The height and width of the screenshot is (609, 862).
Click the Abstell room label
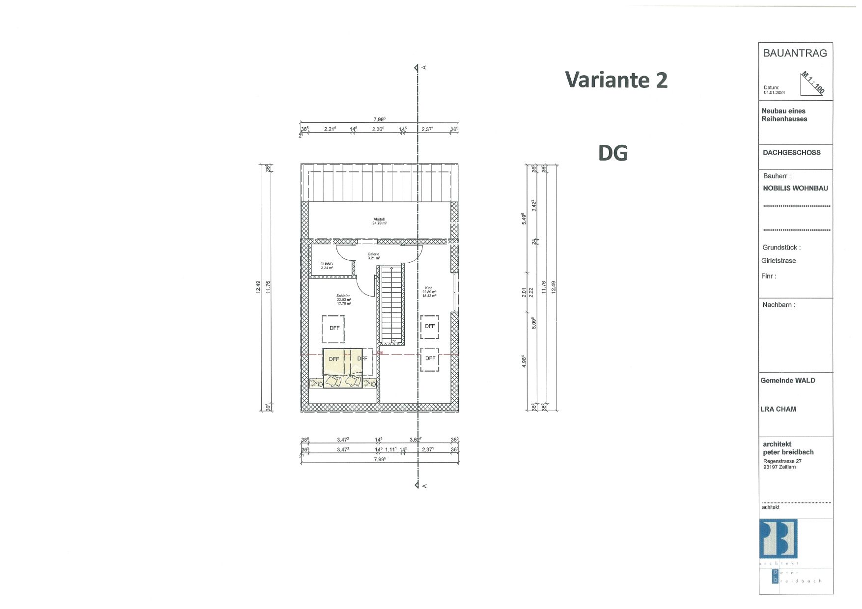click(379, 221)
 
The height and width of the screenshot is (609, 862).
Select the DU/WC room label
click(327, 266)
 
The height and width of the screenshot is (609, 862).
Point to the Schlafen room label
click(343, 300)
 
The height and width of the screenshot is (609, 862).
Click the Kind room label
click(429, 292)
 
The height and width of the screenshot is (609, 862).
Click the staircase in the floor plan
click(391, 304)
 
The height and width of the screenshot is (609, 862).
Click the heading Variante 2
click(616, 80)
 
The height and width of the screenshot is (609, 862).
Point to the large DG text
click(612, 153)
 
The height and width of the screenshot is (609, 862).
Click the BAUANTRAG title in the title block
click(795, 54)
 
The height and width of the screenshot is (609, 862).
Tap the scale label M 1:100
click(813, 83)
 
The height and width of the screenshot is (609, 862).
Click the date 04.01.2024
click(774, 92)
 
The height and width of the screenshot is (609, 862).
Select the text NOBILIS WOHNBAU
click(795, 188)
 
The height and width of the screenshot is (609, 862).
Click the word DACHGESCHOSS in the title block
click(791, 153)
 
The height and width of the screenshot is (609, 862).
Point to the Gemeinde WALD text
click(787, 381)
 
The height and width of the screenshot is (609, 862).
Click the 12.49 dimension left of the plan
click(258, 287)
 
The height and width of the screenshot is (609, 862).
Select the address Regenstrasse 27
click(782, 461)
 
